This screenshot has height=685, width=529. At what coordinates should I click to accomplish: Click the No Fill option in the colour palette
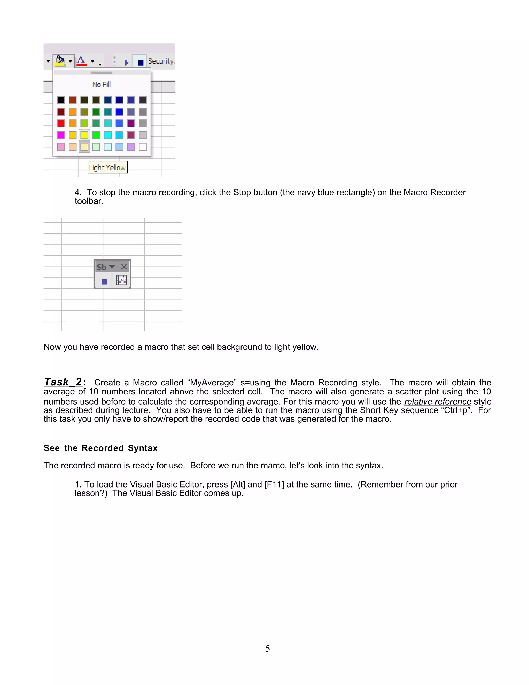(x=101, y=84)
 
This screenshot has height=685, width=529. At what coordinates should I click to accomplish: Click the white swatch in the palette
(x=143, y=147)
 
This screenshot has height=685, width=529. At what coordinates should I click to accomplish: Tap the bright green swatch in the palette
(x=96, y=135)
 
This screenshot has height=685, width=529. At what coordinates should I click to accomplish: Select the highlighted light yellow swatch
(x=84, y=147)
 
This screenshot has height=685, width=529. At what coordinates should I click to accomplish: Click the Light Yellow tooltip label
(x=107, y=168)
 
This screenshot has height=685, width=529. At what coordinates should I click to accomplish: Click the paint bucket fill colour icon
(x=60, y=60)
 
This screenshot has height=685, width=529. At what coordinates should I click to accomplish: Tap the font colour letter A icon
(x=81, y=60)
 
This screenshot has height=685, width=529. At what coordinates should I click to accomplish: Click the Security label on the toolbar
(x=161, y=61)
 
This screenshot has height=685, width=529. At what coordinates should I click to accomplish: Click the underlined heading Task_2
(x=63, y=382)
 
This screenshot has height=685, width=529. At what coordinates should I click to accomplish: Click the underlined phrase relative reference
(x=438, y=401)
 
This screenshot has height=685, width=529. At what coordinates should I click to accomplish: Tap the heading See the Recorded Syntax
(x=100, y=448)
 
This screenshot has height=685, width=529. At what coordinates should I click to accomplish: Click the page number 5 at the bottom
(x=267, y=648)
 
